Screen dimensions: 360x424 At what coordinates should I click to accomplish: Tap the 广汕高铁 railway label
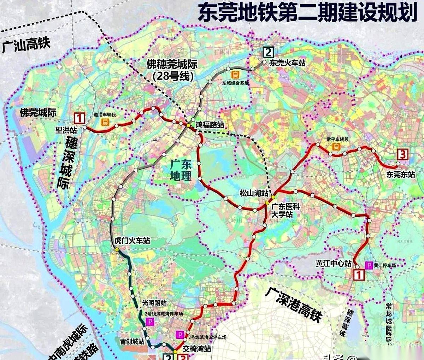26,45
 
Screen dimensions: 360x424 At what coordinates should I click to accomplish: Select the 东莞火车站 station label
287,64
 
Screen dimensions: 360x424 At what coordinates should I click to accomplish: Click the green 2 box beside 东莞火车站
268,53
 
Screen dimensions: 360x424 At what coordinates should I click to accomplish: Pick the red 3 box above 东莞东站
403,155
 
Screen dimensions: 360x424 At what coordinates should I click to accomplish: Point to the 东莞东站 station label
400,174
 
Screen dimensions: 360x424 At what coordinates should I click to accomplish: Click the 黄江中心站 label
334,264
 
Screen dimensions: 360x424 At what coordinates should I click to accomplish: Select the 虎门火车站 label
132,241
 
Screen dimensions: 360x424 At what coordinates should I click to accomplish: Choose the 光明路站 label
154,303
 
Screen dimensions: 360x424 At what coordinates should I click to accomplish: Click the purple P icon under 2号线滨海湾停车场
150,321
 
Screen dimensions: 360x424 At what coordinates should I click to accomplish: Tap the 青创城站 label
132,342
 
